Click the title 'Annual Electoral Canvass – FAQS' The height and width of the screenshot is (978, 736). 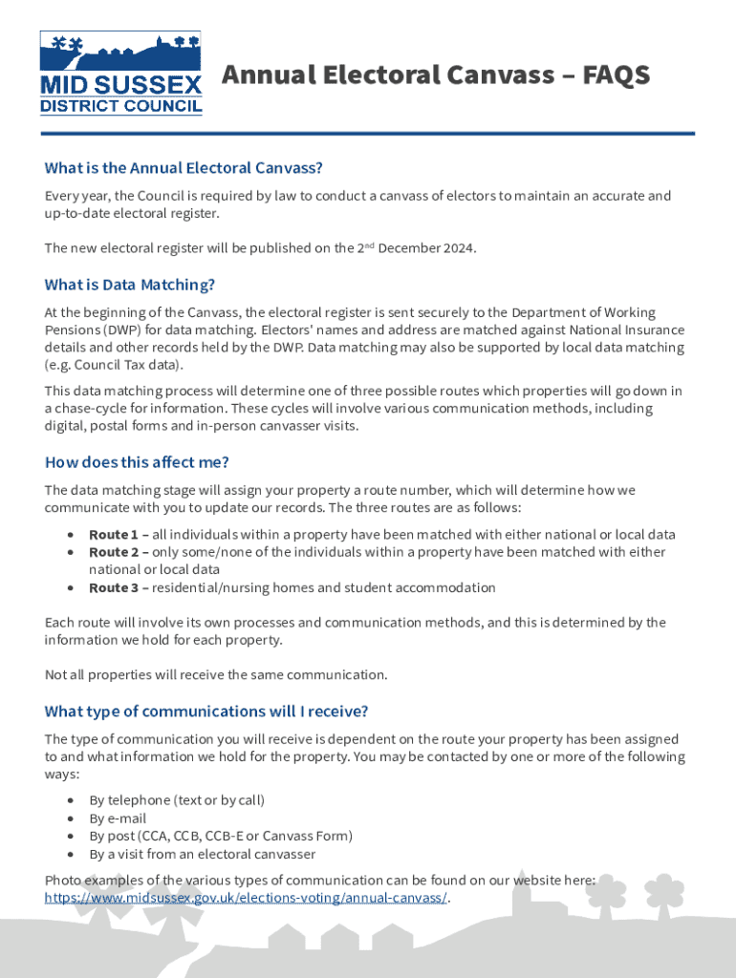pos(436,74)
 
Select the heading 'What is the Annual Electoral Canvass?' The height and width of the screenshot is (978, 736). pos(184,168)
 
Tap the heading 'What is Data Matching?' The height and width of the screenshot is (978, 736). pos(129,285)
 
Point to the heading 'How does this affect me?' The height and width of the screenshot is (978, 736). pos(137,462)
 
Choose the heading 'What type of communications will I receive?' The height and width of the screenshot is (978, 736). pos(206,712)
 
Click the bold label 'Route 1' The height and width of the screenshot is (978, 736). pos(113,535)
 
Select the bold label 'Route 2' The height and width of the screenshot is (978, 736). pos(113,552)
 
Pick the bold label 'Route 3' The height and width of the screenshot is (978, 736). pos(113,588)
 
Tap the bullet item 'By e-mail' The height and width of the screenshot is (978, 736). pos(118,819)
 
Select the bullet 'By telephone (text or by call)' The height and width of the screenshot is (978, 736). pos(177,800)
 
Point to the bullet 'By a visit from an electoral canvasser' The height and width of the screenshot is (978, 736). pos(202,855)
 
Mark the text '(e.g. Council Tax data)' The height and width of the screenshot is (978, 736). pos(114,365)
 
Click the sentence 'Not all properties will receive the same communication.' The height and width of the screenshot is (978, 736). pos(216,675)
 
